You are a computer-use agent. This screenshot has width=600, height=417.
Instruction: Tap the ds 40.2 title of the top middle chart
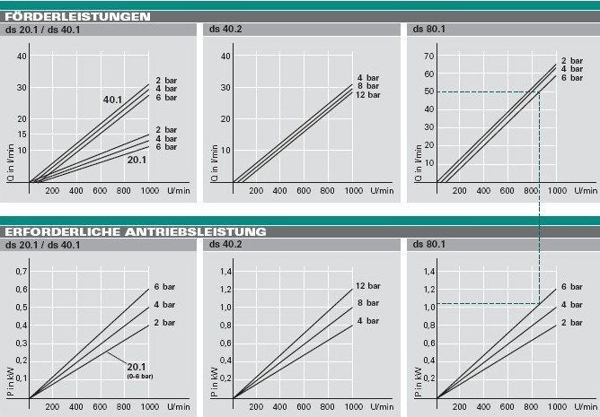click(227, 29)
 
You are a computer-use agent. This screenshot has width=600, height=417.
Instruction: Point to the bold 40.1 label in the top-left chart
click(112, 100)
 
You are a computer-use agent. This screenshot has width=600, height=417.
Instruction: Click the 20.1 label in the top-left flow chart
click(137, 159)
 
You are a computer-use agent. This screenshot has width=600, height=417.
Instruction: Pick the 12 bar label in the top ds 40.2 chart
click(368, 95)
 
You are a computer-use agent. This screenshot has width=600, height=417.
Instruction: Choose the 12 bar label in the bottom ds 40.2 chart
click(368, 286)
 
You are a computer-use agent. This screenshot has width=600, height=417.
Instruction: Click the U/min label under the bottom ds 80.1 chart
click(587, 405)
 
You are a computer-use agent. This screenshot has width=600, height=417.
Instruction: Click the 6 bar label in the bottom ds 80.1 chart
click(572, 287)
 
